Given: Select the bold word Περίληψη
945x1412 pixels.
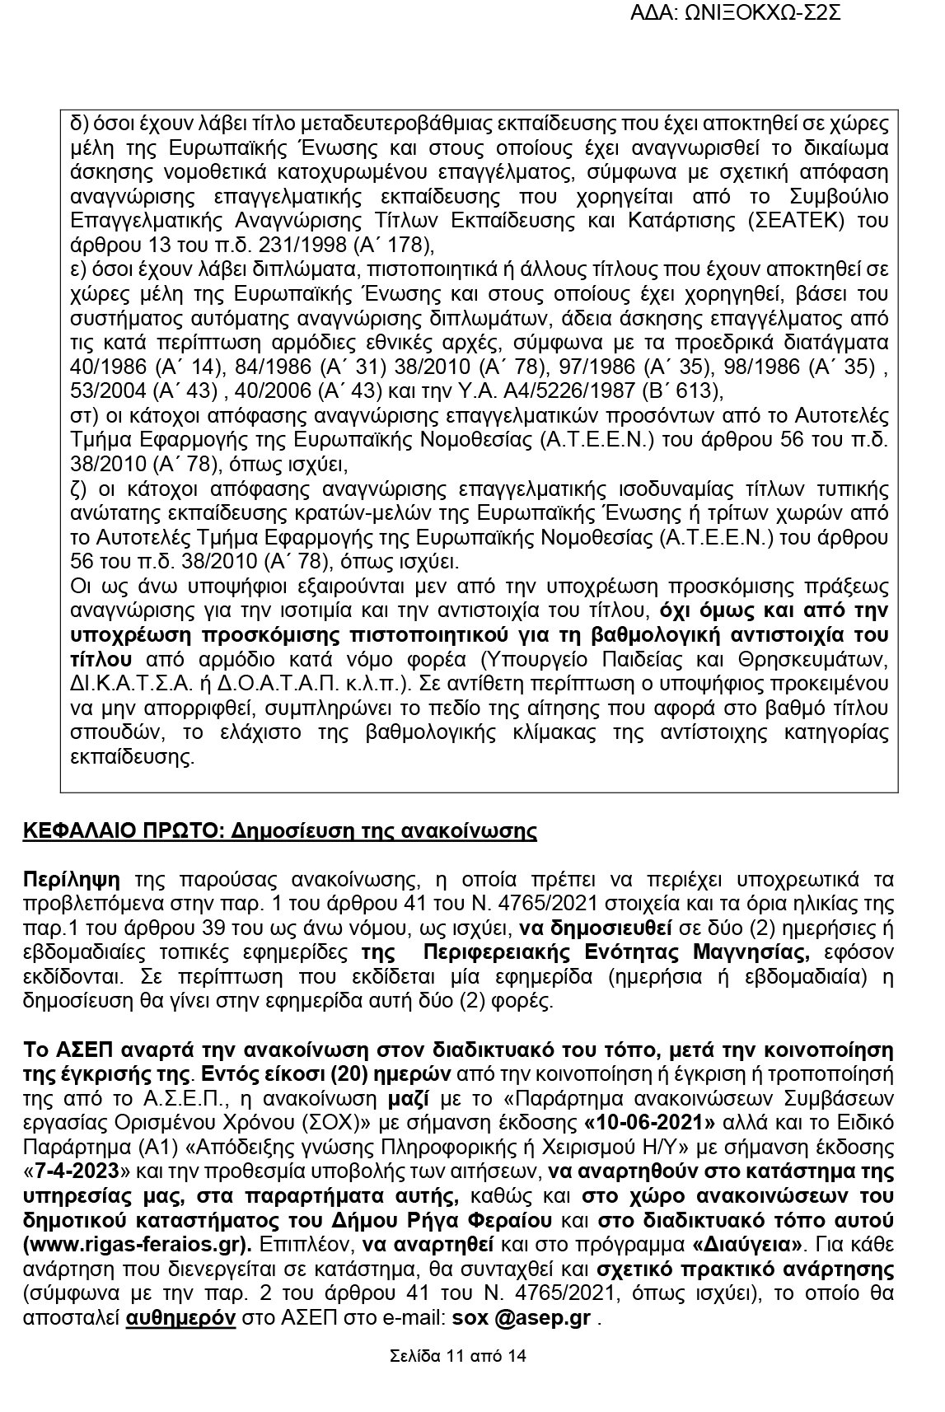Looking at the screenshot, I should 71,879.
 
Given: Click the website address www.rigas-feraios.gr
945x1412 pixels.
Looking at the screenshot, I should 136,1243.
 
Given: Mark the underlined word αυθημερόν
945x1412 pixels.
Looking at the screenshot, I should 180,1317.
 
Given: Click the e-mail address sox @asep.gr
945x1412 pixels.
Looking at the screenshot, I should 521,1317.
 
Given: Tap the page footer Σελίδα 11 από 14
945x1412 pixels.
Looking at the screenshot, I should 458,1356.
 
